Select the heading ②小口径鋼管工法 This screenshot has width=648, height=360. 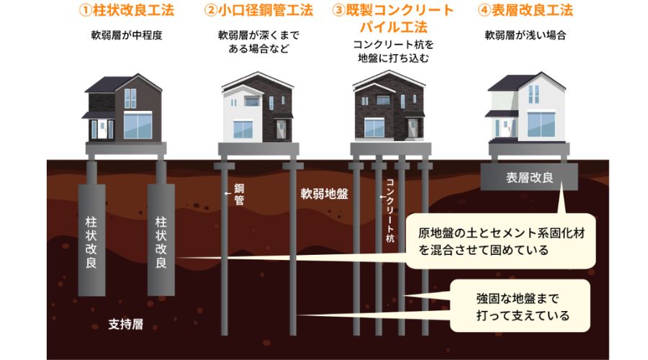[x=258, y=12]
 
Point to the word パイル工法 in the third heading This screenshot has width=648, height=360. [x=393, y=27]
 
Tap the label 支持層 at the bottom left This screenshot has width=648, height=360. [x=126, y=323]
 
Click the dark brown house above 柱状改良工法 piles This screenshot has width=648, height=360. [x=123, y=108]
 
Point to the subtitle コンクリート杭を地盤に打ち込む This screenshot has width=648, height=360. [x=393, y=52]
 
